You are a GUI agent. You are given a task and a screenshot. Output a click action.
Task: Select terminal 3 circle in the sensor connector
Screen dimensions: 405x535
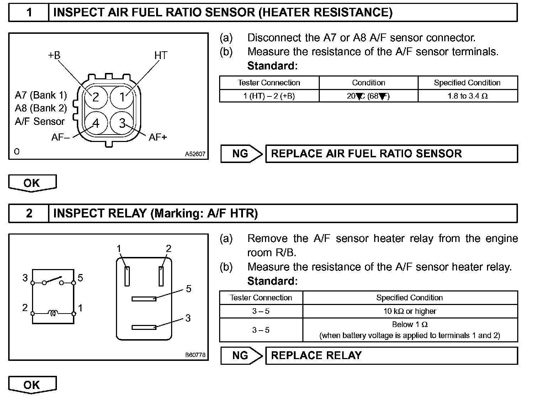click(x=122, y=123)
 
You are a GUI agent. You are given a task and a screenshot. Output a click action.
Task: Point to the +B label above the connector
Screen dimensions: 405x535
click(x=54, y=56)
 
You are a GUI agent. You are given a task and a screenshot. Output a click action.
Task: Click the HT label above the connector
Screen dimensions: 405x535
click(x=161, y=56)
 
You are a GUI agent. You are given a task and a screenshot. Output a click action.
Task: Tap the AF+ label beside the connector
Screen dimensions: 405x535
click(x=158, y=137)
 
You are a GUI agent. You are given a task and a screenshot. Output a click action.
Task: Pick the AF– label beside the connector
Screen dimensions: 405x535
click(x=60, y=137)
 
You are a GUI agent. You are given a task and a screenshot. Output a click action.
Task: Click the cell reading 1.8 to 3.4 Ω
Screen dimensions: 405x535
click(x=467, y=96)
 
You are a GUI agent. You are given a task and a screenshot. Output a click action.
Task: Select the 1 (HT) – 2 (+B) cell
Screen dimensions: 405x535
click(x=269, y=96)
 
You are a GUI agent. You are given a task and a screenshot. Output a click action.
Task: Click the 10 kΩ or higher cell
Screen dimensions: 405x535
click(x=410, y=311)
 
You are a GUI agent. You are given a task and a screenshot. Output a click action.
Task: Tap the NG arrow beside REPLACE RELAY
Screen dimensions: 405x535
click(x=242, y=356)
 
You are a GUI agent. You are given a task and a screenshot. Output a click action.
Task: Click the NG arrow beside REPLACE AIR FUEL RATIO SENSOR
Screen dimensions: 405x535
click(x=242, y=154)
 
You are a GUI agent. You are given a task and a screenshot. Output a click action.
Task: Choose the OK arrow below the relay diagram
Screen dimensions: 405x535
click(x=32, y=385)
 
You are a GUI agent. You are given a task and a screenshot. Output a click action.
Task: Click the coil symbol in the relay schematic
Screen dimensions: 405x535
click(x=53, y=313)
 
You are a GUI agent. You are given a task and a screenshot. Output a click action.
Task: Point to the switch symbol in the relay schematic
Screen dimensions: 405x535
click(x=53, y=280)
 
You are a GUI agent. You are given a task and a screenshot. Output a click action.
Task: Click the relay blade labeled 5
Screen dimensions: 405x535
click(x=144, y=299)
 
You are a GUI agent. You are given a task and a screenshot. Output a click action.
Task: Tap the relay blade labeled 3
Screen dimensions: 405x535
click(x=144, y=327)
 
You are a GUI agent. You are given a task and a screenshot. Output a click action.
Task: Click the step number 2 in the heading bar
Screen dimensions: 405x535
click(x=29, y=214)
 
